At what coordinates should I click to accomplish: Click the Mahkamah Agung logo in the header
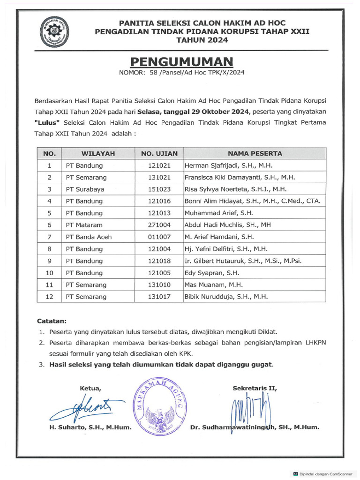tap(55, 31)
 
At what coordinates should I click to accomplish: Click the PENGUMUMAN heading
tap(181, 61)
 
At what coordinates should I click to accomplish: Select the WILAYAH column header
tap(98, 153)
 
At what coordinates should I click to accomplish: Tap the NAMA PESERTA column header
tap(255, 153)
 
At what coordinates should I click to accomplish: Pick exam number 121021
tap(160, 165)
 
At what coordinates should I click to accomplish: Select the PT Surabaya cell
tap(85, 189)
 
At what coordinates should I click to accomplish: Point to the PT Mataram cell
tap(84, 225)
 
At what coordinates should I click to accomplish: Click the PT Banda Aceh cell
tap(89, 237)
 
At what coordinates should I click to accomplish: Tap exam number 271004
tap(160, 225)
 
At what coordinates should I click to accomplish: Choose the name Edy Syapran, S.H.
tap(211, 273)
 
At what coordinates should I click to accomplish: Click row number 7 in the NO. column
tap(49, 237)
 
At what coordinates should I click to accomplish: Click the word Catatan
tap(52, 322)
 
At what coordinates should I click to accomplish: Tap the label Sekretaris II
tap(255, 388)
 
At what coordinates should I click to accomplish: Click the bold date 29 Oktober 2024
tap(219, 112)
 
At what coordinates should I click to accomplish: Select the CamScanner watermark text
tap(325, 474)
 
